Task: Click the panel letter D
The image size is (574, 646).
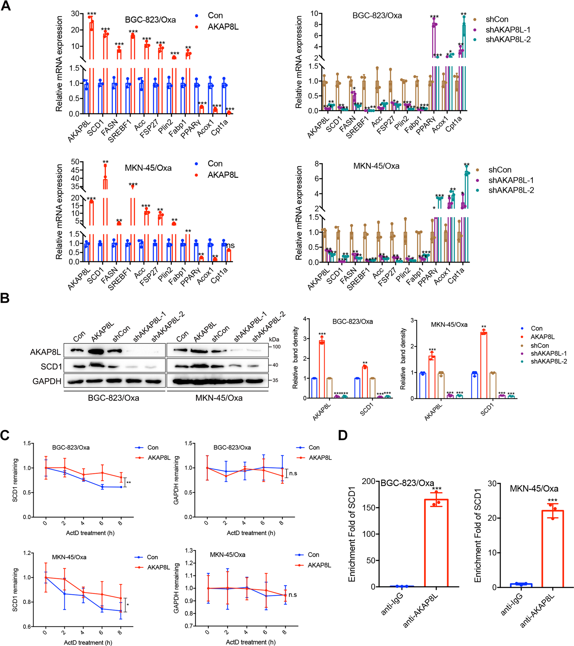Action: [x=342, y=435]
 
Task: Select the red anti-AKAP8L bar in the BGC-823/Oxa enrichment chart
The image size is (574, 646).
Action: [x=436, y=544]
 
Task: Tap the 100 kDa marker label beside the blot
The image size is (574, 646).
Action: [x=276, y=347]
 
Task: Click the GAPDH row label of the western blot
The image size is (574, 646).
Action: [x=47, y=381]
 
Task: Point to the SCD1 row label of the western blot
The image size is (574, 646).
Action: [x=51, y=367]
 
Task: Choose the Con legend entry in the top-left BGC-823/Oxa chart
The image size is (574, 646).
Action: [x=215, y=15]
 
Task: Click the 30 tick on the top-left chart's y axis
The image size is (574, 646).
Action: [x=75, y=14]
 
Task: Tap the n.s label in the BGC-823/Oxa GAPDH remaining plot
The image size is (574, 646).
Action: [x=293, y=473]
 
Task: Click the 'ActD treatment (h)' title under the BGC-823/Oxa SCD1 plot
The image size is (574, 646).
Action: [x=90, y=533]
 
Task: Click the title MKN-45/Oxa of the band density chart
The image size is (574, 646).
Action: [x=449, y=325]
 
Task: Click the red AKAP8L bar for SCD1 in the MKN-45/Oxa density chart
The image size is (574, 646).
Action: [x=483, y=365]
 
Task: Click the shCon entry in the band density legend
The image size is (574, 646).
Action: [x=539, y=345]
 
